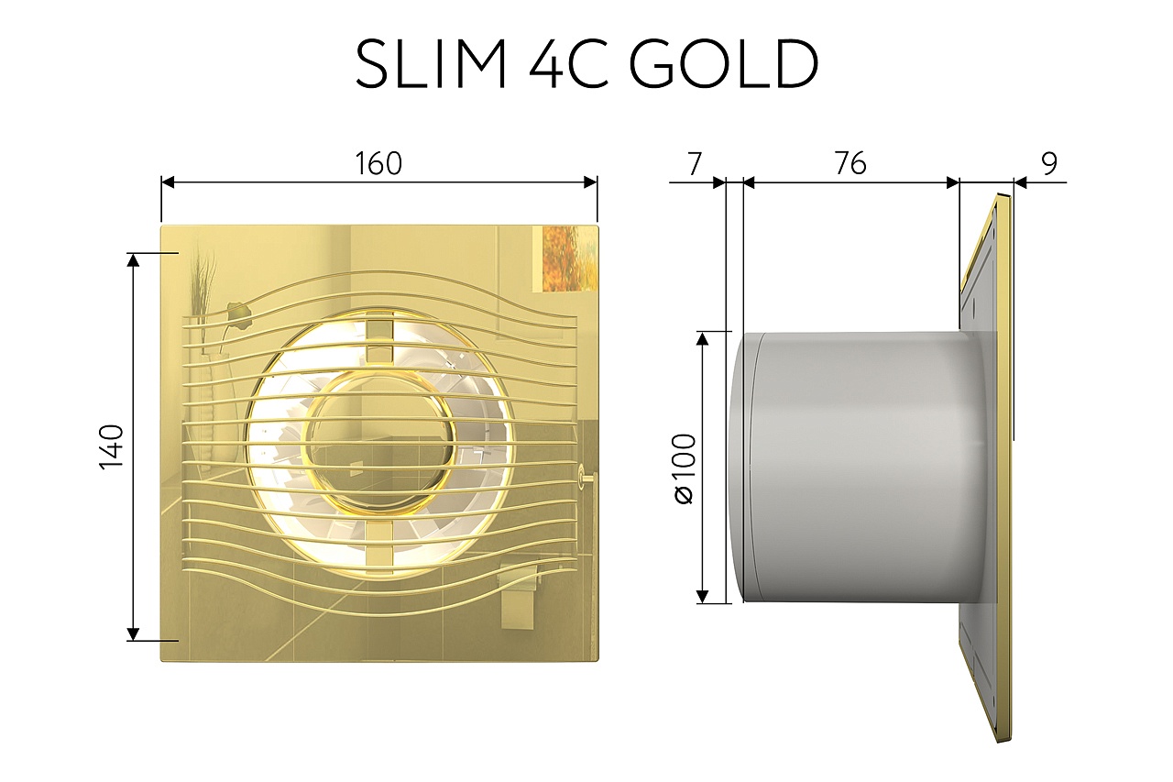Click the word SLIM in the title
click(x=430, y=64)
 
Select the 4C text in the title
click(x=569, y=64)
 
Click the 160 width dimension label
click(x=378, y=163)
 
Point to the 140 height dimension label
click(x=111, y=446)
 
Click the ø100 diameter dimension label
click(x=685, y=468)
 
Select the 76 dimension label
click(x=850, y=163)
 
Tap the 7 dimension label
click(x=694, y=163)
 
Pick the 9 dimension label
click(x=1049, y=163)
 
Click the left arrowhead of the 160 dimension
click(x=168, y=182)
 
